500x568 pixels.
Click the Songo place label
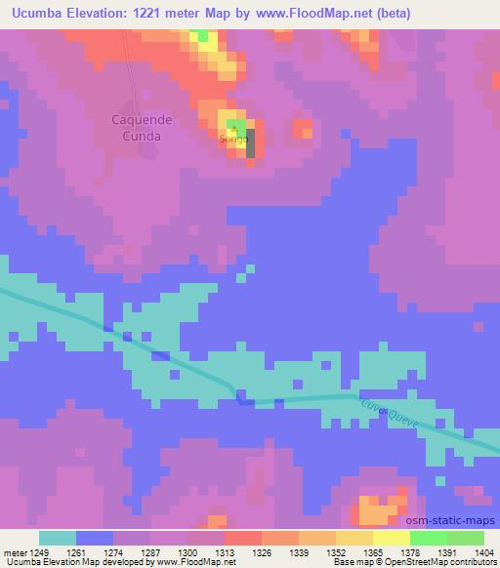point(233,140)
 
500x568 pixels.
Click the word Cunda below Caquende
point(140,137)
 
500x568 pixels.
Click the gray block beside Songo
point(251,143)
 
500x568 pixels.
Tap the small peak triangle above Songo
point(233,128)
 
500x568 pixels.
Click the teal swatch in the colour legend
point(58,538)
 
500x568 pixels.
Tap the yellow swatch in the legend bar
point(391,538)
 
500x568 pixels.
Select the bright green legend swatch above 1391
point(428,538)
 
